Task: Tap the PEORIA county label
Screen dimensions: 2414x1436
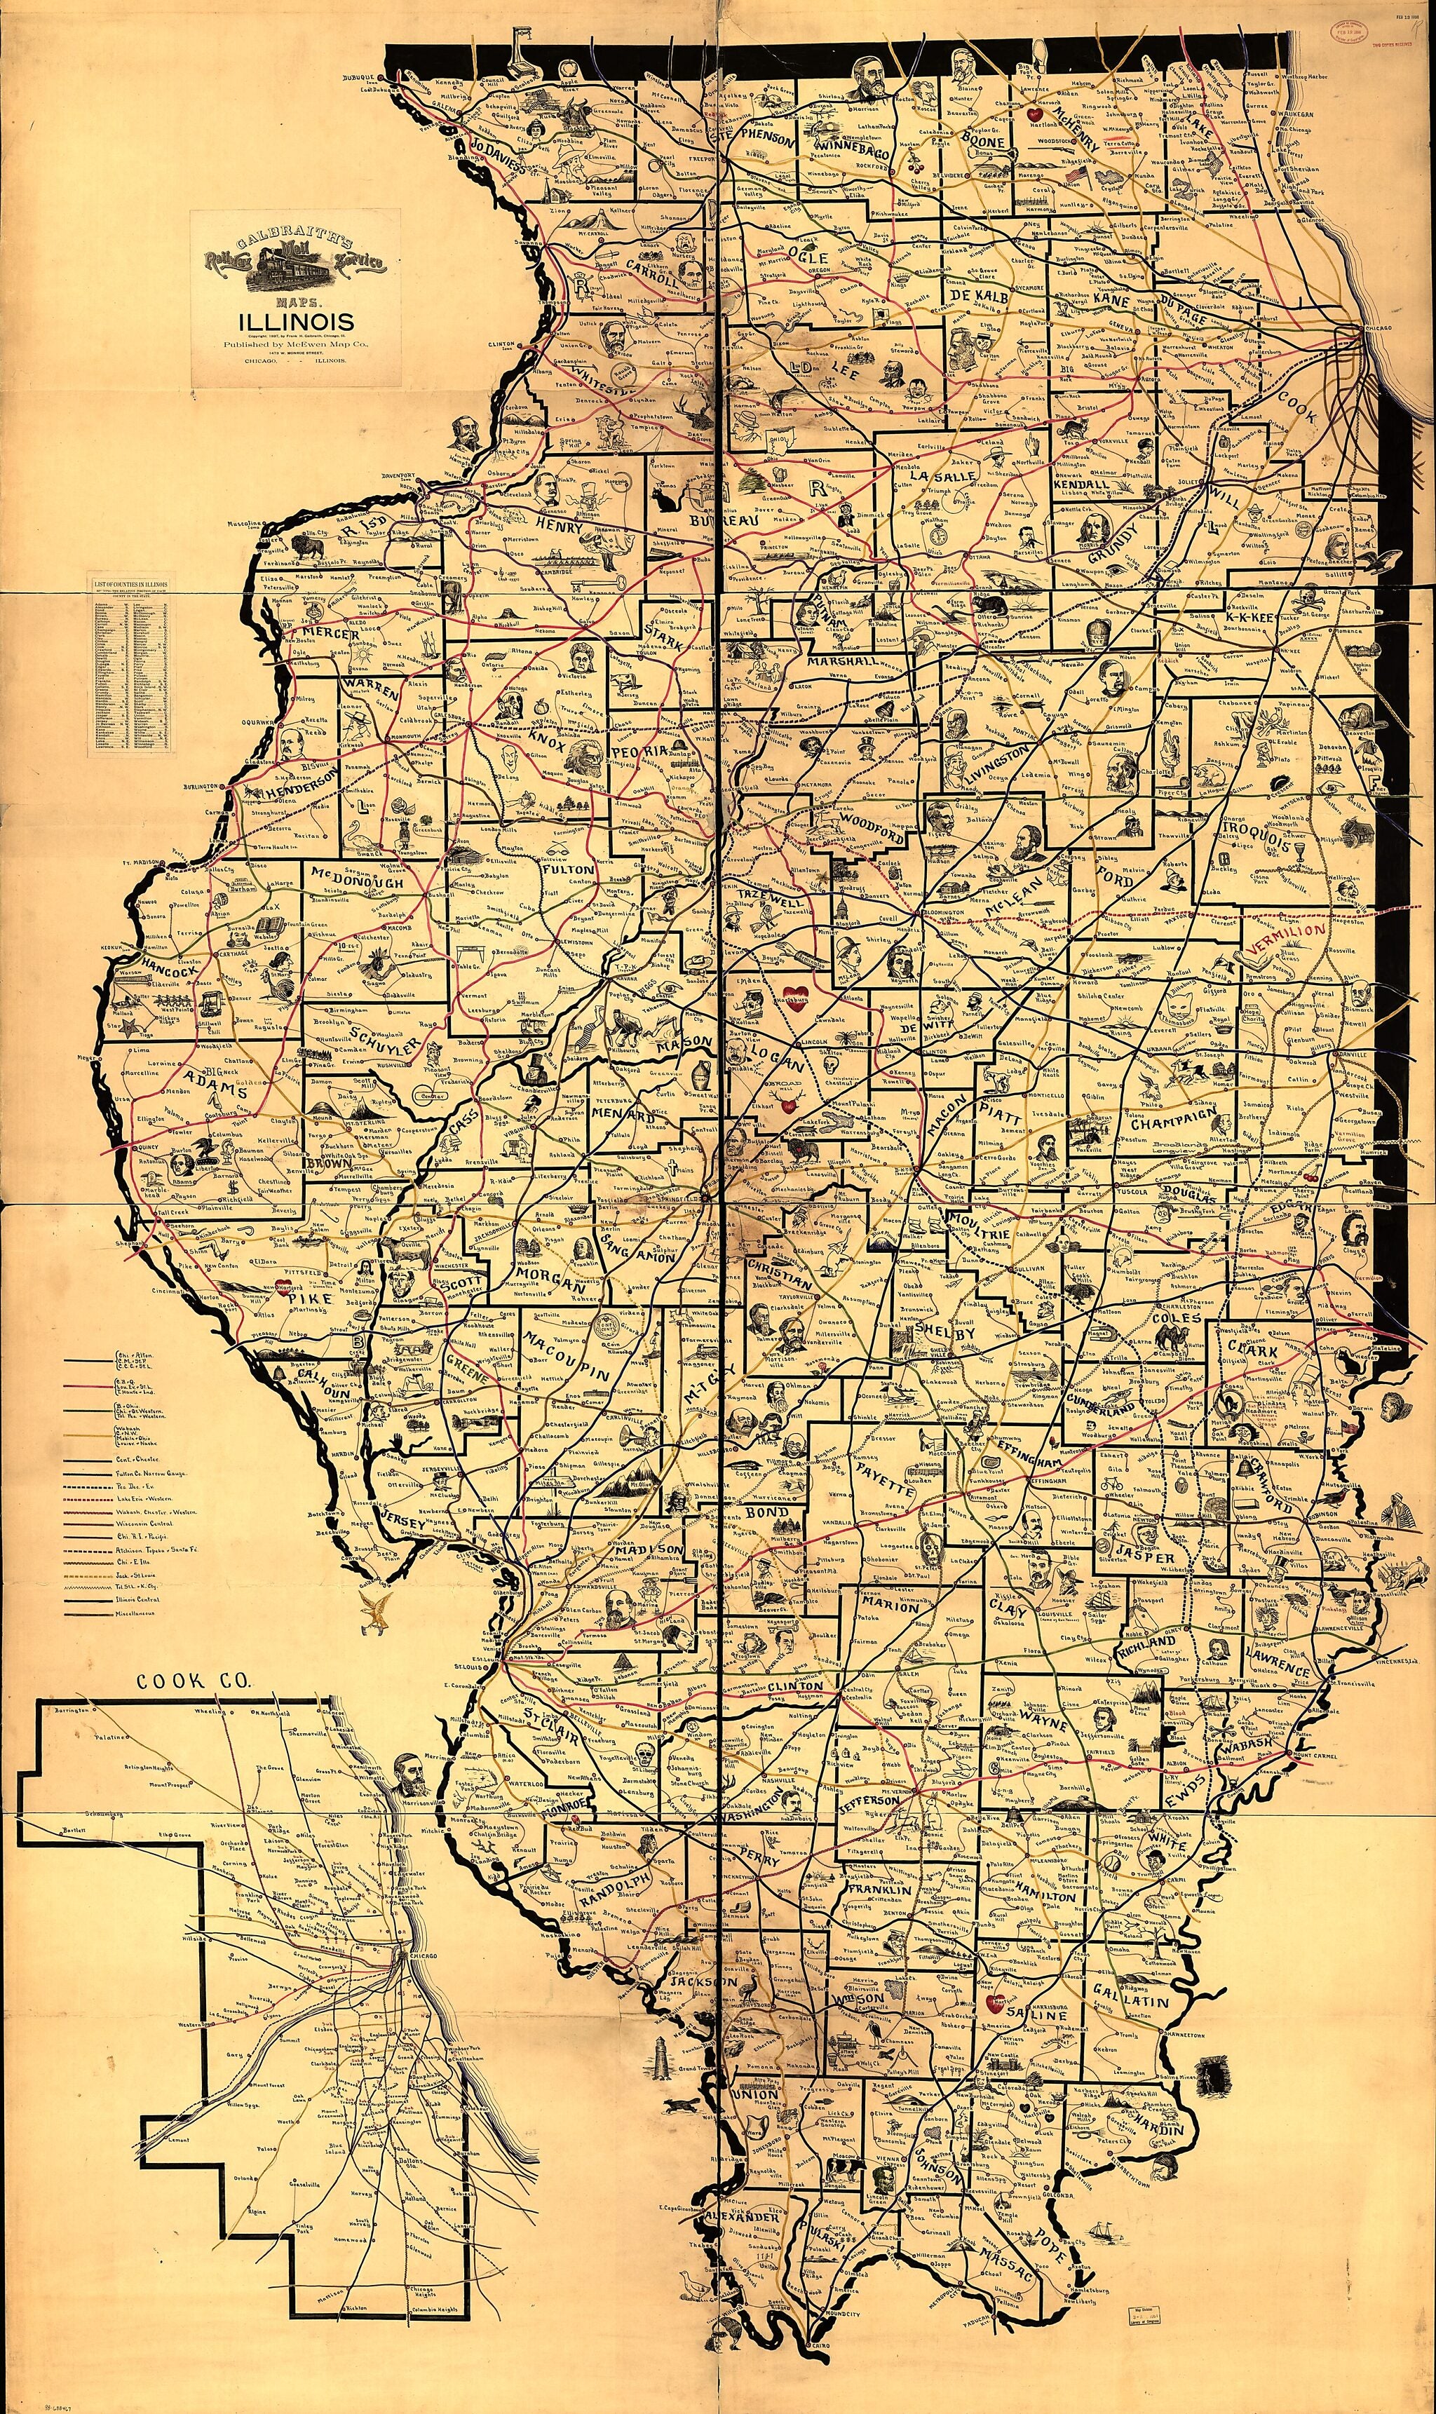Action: click(x=639, y=753)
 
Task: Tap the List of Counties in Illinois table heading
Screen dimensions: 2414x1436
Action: click(x=130, y=584)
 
